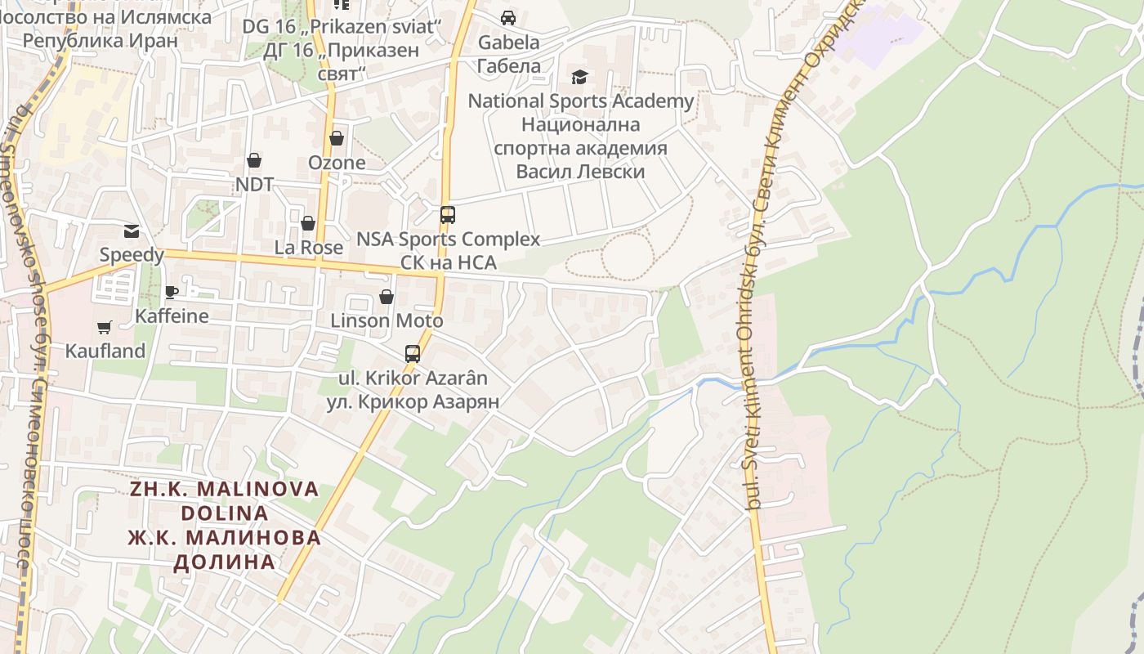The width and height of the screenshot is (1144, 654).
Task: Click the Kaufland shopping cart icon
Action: click(x=104, y=328)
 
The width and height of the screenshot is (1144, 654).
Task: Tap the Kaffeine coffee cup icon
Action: click(x=171, y=292)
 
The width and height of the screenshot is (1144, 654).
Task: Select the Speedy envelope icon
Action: click(x=131, y=231)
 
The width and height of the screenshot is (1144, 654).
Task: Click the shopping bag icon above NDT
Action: click(x=254, y=160)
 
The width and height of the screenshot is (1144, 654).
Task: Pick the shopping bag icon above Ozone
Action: click(x=336, y=138)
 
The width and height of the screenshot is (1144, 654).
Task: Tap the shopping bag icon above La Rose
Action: click(x=308, y=223)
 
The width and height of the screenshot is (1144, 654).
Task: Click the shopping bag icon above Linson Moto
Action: click(x=386, y=297)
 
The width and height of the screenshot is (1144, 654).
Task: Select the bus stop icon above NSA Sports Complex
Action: click(x=447, y=215)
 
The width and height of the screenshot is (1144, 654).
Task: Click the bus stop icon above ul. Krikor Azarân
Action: click(x=413, y=354)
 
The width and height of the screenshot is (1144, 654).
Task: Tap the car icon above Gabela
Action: click(x=508, y=18)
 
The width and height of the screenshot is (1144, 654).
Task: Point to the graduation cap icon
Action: click(x=579, y=77)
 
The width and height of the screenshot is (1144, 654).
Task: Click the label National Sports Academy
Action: click(x=580, y=101)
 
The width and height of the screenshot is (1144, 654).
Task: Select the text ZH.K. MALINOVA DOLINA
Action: click(x=225, y=501)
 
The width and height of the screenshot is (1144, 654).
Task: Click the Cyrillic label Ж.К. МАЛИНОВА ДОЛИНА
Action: click(x=225, y=549)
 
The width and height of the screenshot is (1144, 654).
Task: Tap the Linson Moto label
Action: click(x=387, y=320)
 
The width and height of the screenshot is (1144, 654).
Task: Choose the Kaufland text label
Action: click(x=105, y=352)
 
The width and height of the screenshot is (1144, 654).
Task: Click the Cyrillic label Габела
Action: click(x=508, y=66)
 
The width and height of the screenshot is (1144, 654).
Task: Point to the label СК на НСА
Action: click(x=448, y=262)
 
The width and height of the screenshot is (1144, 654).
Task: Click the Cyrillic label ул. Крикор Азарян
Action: click(x=413, y=401)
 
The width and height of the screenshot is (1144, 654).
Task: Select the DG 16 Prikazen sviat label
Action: click(x=342, y=26)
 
